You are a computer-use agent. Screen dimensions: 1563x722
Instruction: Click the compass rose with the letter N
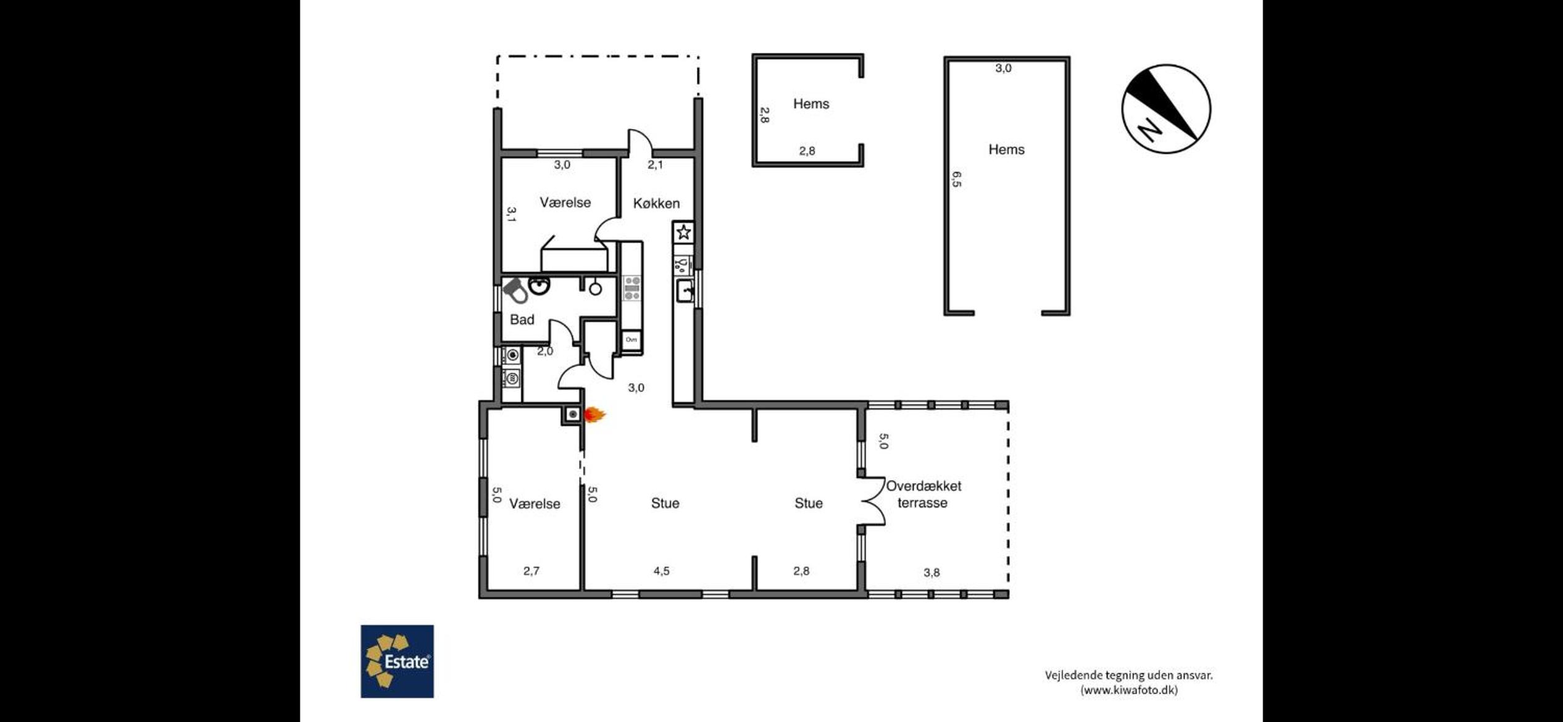(x=1166, y=109)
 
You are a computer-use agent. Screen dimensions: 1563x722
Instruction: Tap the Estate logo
(x=397, y=662)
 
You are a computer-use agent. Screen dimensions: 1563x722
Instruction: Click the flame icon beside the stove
(x=594, y=415)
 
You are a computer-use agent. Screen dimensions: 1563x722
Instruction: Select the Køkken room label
(x=656, y=203)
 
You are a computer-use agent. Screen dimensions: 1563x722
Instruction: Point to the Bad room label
(x=522, y=320)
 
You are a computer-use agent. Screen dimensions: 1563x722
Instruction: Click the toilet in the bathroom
(x=515, y=291)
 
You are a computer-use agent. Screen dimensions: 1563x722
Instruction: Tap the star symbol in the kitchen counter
(x=683, y=232)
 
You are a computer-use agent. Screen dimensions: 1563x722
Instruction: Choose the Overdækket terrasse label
(x=923, y=494)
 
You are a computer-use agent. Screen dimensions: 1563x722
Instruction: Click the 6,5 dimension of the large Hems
(x=956, y=180)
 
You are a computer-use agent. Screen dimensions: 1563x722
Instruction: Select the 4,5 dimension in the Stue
(x=661, y=571)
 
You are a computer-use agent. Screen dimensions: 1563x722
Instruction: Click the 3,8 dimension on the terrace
(x=932, y=572)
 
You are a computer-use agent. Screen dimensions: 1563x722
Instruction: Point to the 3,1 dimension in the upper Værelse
(x=511, y=214)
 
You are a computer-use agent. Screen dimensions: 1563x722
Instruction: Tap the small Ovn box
(x=631, y=340)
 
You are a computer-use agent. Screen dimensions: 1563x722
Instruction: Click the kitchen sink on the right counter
(x=685, y=291)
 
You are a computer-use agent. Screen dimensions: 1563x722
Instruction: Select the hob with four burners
(x=632, y=288)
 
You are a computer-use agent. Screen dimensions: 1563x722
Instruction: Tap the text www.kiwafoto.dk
(x=1129, y=690)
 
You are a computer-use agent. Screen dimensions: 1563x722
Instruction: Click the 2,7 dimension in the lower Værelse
(x=531, y=571)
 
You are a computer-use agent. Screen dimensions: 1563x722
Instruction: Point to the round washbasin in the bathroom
(x=540, y=286)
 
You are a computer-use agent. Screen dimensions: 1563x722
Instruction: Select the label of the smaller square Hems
(x=811, y=104)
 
